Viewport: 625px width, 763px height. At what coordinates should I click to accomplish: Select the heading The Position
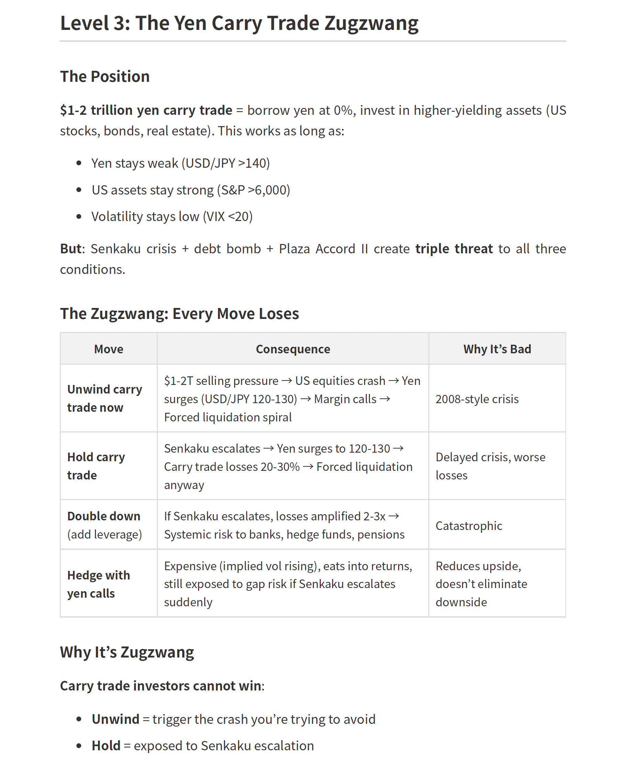105,77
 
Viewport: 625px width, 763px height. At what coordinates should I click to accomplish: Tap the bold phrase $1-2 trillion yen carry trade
146,110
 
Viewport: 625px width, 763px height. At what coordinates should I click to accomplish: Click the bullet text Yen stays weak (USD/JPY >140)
180,163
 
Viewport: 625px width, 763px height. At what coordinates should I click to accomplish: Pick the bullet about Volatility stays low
172,217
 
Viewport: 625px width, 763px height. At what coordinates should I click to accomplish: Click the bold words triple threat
454,249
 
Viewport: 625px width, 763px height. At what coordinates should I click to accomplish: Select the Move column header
108,349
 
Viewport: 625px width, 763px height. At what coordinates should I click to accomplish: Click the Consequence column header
293,349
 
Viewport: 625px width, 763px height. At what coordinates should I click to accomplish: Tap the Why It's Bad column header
497,349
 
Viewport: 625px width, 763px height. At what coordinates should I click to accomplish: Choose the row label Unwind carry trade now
105,398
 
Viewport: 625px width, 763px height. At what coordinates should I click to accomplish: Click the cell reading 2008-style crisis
477,399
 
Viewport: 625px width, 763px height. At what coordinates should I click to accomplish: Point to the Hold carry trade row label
96,466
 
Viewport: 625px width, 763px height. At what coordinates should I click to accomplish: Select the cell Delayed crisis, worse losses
490,466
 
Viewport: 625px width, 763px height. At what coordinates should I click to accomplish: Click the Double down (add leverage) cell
105,525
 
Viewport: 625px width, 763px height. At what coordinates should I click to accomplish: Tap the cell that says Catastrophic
469,526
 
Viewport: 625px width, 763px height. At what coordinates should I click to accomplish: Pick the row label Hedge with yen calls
98,584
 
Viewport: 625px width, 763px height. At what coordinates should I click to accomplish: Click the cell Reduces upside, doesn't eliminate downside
481,584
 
